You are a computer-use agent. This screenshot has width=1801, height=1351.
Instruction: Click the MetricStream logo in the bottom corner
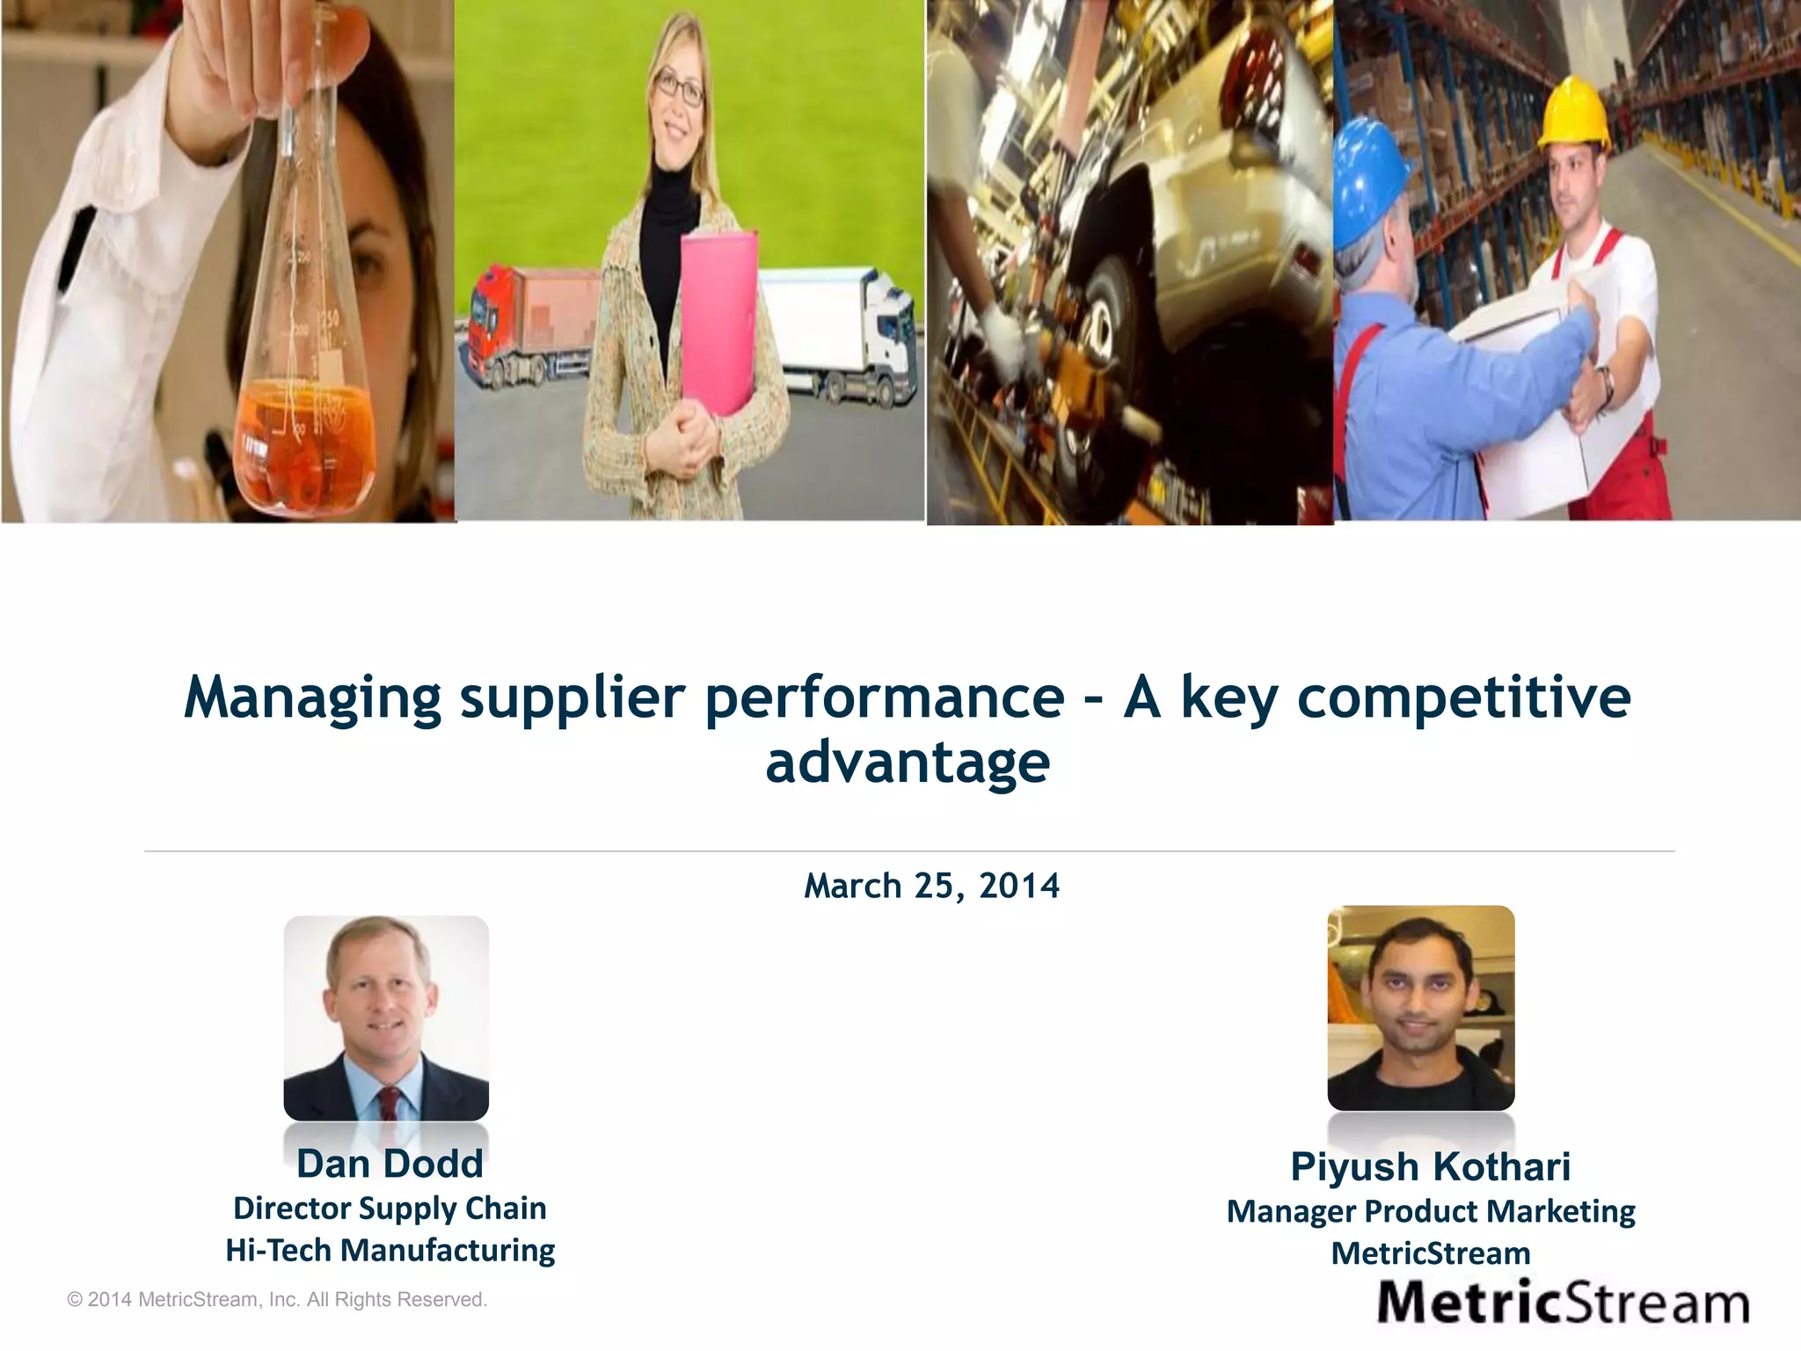click(1563, 1303)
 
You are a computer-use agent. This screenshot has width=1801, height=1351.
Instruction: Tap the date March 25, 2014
click(931, 886)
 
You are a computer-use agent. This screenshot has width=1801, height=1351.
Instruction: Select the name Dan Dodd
click(390, 1164)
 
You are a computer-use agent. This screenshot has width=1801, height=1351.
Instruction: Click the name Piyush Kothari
click(1430, 1167)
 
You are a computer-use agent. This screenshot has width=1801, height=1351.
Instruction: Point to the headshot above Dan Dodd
click(386, 1018)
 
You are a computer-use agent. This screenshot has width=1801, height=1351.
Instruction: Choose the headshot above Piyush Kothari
click(1420, 1008)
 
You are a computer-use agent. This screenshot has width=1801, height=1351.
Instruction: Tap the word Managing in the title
click(312, 697)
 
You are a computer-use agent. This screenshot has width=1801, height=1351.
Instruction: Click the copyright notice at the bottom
click(277, 1299)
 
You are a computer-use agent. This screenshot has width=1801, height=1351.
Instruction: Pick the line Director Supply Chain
click(390, 1209)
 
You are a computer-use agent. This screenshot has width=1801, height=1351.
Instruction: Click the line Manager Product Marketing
click(1431, 1211)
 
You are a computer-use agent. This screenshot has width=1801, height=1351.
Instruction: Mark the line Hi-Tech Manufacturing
click(390, 1250)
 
